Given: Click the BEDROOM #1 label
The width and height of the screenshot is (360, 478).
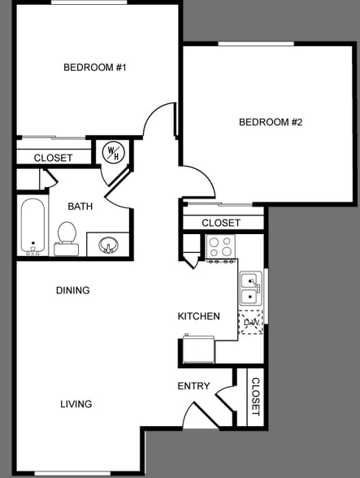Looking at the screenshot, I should tap(95, 67).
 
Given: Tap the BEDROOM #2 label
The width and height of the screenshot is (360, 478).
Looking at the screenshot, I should tap(270, 123).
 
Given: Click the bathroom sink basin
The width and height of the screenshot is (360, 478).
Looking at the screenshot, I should tap(108, 244).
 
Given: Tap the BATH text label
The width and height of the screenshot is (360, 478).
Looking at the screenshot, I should tap(80, 206).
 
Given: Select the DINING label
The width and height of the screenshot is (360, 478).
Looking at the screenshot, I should tap(72, 290).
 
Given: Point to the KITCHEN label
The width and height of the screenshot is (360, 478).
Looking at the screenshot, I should tap(199, 316).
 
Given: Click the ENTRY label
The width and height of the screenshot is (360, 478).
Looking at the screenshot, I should tap(193, 386).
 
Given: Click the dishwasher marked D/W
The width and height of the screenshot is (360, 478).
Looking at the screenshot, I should tap(250, 323).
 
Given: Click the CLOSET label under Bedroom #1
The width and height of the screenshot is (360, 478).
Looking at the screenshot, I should tap(53, 158).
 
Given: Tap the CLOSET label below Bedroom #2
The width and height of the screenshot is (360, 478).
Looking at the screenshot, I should tap(221, 223).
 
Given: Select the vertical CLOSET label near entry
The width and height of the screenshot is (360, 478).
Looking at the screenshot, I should tap(254, 397).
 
